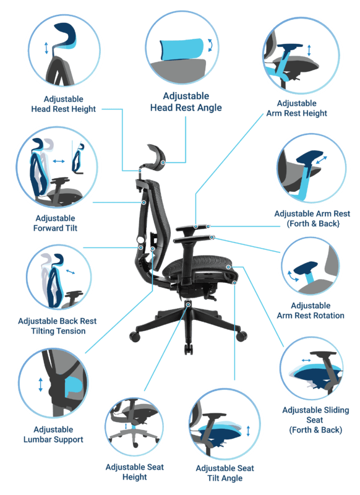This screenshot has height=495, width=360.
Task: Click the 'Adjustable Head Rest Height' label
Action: pos(63,104)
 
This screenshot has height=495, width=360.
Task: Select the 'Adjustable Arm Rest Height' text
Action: pos(296,108)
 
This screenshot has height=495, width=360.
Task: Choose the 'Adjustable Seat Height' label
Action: pos(134,472)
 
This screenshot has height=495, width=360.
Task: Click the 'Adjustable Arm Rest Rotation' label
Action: pos(311,311)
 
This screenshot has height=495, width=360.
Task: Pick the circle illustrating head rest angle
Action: pos(182,48)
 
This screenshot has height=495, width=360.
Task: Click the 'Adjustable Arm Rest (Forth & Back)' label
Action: pos(312,218)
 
